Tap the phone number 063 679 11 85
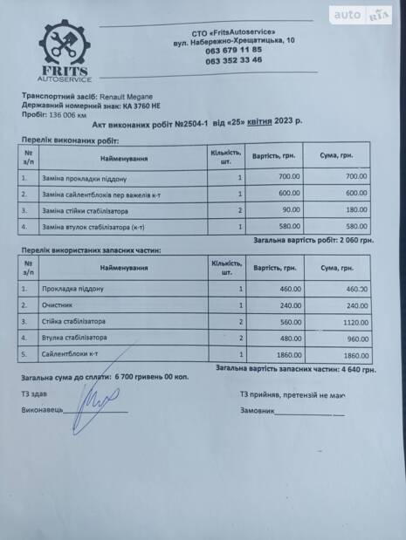(x=233, y=51)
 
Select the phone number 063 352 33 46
(x=233, y=60)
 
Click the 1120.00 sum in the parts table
(x=355, y=321)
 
